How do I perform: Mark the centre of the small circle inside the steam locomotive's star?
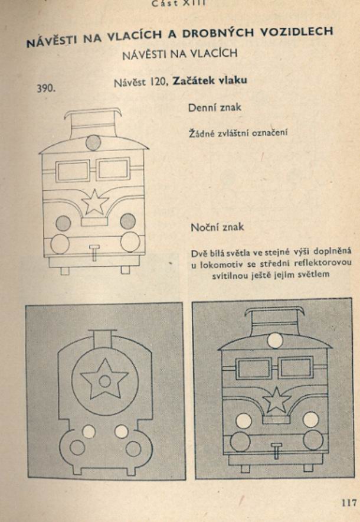[105, 381]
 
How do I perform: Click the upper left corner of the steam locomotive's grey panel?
[25, 306]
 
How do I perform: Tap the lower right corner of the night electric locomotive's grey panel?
[354, 477]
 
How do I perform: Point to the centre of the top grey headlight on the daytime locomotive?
[93, 142]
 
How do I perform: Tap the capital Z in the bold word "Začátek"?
[176, 80]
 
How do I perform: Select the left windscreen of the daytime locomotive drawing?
[72, 171]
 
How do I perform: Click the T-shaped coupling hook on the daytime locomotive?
[94, 253]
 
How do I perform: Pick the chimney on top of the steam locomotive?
[103, 339]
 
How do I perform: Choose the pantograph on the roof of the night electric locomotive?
[274, 319]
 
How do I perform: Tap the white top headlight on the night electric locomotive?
[275, 341]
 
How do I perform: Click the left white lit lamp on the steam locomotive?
[89, 432]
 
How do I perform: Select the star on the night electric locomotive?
[276, 400]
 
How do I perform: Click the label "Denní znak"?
[215, 107]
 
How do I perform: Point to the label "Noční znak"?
[217, 227]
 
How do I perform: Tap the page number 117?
[349, 502]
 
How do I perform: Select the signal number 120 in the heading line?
[158, 81]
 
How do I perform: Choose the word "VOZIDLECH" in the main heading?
[296, 32]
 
